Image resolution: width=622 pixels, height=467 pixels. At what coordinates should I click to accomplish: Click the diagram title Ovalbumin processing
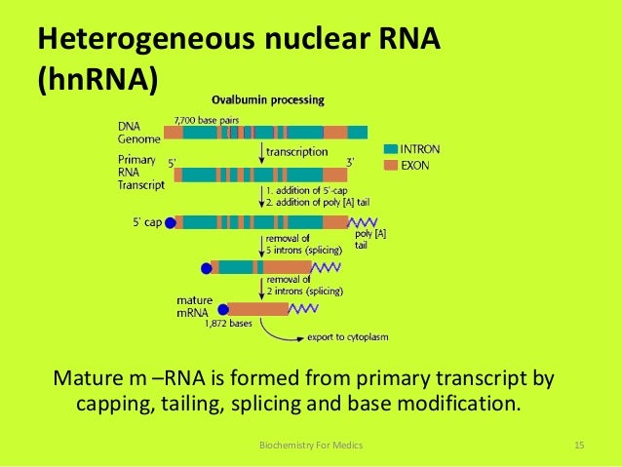pos(269,99)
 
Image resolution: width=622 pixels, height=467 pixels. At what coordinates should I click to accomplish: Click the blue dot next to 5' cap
pos(172,222)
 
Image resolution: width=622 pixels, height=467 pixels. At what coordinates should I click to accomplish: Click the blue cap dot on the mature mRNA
pos(223,310)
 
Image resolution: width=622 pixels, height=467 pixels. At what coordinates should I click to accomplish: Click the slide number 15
pos(578,446)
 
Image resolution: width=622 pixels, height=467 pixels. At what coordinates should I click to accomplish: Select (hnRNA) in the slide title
pos(97,79)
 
